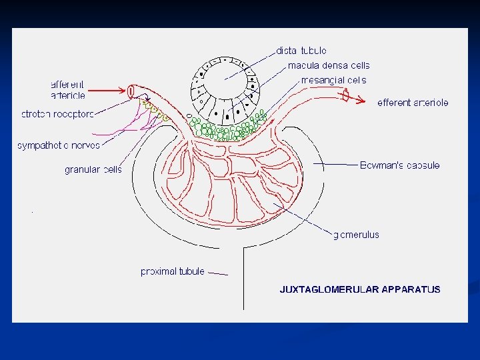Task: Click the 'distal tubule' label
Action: [301, 51]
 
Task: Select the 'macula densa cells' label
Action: [328, 65]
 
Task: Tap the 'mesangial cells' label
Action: [333, 81]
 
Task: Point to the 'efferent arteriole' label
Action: [413, 103]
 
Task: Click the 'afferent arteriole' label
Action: [68, 90]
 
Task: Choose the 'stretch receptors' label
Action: [57, 114]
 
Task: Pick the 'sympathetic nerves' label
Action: [59, 145]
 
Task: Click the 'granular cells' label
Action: [93, 170]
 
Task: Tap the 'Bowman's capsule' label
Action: [399, 165]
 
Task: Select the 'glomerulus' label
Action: [356, 235]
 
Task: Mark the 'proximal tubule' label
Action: [172, 271]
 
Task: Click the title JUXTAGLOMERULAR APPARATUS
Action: [359, 289]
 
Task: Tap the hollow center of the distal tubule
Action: [225, 85]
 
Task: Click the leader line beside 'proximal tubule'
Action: [217, 273]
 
